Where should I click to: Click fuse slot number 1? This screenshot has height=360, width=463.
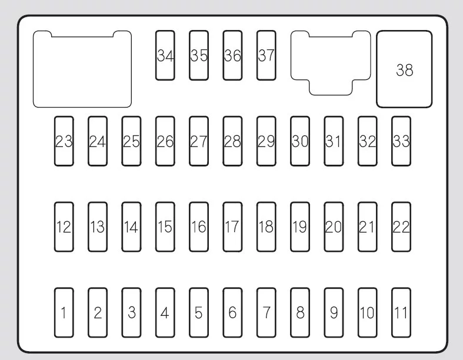(x=64, y=312)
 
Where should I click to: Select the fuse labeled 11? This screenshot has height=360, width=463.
(x=401, y=312)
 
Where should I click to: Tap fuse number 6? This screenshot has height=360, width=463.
(x=232, y=312)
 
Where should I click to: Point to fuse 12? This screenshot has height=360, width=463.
(x=64, y=227)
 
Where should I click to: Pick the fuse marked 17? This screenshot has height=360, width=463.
(x=232, y=227)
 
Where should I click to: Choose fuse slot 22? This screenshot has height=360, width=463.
(x=401, y=227)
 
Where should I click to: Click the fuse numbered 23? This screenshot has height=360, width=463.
(x=64, y=141)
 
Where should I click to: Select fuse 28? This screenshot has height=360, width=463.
(x=232, y=141)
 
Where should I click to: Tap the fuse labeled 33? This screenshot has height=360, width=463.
(x=401, y=141)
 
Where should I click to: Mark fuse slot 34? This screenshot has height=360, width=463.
(x=165, y=55)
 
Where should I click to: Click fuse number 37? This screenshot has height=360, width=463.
(x=267, y=55)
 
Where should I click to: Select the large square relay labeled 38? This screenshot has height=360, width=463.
(x=404, y=69)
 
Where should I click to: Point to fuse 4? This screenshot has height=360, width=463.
(x=165, y=312)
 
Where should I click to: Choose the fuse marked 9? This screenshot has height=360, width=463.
(x=334, y=312)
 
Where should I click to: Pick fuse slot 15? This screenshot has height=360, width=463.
(x=165, y=227)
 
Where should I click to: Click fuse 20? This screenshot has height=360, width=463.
(x=334, y=227)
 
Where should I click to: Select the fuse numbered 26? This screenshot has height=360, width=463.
(x=165, y=141)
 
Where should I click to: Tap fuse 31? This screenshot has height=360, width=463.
(x=334, y=141)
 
